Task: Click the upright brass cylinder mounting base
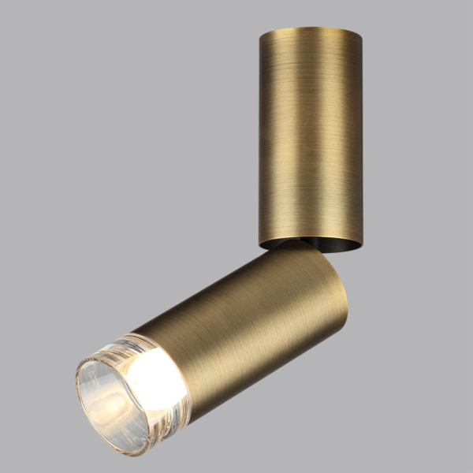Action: [x=310, y=134]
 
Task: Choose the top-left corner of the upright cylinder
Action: [x=259, y=33]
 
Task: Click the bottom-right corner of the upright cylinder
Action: [x=362, y=243]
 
